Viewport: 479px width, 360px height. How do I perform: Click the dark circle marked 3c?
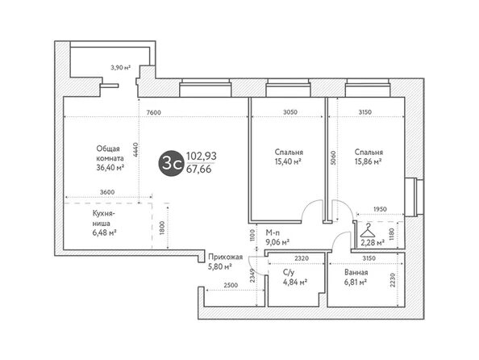click(x=172, y=163)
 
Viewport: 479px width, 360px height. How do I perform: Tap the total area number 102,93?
click(x=202, y=156)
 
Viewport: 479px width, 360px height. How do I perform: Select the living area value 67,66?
click(x=199, y=169)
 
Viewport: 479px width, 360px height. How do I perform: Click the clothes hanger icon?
click(x=369, y=231)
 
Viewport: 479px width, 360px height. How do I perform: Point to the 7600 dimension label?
click(x=153, y=112)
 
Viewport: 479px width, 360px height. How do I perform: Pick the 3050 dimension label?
click(x=290, y=112)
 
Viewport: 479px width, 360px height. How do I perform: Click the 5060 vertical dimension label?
click(x=333, y=158)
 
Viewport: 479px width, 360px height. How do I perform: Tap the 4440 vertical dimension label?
click(x=136, y=150)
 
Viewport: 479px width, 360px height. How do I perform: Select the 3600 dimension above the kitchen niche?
click(x=107, y=192)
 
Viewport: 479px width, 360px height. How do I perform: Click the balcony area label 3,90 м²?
click(x=121, y=68)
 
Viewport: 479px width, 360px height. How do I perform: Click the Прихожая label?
click(x=226, y=257)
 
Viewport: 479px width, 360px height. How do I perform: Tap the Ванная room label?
click(x=356, y=272)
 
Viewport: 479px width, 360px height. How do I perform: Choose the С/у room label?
click(x=289, y=272)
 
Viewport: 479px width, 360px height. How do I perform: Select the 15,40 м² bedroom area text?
click(x=289, y=161)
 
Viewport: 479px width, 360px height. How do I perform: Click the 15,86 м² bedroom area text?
click(x=369, y=161)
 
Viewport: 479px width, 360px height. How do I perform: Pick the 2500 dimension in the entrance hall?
click(x=231, y=285)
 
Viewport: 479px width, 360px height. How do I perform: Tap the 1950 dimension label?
click(x=380, y=209)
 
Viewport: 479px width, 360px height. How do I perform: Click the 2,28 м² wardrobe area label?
click(x=373, y=243)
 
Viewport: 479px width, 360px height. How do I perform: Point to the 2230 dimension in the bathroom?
click(x=393, y=280)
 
